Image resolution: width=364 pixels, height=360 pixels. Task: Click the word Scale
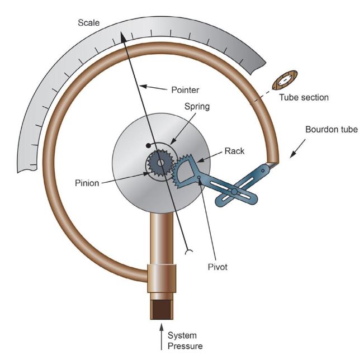[89, 23]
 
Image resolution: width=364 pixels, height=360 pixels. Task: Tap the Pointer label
[185, 90]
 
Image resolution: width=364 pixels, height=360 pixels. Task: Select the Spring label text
[197, 107]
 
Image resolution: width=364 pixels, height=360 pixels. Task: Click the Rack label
[234, 151]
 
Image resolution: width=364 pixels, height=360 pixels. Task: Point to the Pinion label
[87, 183]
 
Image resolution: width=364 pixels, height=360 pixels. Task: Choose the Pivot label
[218, 267]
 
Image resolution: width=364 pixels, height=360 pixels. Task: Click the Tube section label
[304, 97]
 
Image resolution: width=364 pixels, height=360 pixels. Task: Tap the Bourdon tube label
[332, 130]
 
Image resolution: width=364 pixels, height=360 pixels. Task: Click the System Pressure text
[185, 341]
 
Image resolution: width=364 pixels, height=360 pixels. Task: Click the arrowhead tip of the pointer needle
[121, 32]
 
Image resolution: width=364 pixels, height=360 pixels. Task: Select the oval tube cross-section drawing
[285, 80]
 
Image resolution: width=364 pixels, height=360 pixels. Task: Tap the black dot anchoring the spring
[148, 146]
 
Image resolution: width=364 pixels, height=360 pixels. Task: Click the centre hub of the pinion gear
[160, 163]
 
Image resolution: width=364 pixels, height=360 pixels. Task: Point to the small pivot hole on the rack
[199, 178]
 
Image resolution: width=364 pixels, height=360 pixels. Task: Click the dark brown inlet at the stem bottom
[162, 309]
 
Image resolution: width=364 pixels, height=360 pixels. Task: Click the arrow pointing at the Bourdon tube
[297, 149]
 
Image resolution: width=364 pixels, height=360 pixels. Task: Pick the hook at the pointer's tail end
[188, 252]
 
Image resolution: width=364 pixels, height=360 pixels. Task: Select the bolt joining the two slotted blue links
[234, 192]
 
